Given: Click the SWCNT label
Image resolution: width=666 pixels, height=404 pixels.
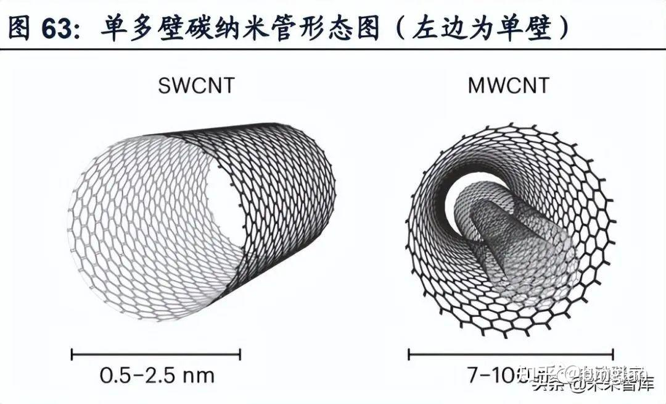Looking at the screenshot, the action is tap(196, 85).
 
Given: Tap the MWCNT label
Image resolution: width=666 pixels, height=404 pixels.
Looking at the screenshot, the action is tap(508, 85).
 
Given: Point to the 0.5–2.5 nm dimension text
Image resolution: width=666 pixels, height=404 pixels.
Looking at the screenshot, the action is tap(157, 375).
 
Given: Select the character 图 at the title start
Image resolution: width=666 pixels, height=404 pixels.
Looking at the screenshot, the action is tap(20, 28).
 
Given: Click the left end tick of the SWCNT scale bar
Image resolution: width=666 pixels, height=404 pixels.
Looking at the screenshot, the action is tap(73, 355).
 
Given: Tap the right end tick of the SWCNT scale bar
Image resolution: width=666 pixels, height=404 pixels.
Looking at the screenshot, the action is tap(240, 355).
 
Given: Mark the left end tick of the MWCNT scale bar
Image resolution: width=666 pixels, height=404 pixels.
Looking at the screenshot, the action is tap(409, 355).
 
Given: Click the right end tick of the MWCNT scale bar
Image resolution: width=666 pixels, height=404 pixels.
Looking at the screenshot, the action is tap(612, 355).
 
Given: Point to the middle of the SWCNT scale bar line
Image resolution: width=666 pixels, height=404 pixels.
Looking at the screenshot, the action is tap(157, 355).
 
